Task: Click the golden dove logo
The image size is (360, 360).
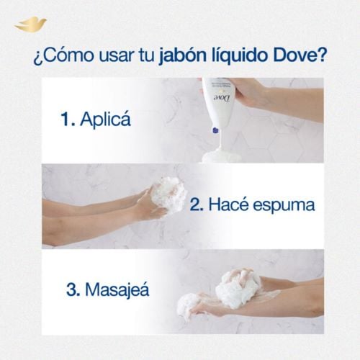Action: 30,24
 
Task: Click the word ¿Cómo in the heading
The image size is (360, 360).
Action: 63,56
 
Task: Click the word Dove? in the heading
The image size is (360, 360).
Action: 300,55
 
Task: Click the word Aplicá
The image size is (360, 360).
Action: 105,118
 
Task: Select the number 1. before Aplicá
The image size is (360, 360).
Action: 68,119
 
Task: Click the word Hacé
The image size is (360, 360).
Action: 228,204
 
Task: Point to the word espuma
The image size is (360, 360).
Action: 284,207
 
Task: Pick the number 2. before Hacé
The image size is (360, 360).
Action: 197,205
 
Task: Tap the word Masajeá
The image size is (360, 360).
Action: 117,289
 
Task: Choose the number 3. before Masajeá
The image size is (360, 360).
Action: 73,290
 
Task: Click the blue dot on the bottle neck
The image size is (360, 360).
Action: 215,130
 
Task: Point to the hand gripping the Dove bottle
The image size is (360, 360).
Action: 250,94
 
